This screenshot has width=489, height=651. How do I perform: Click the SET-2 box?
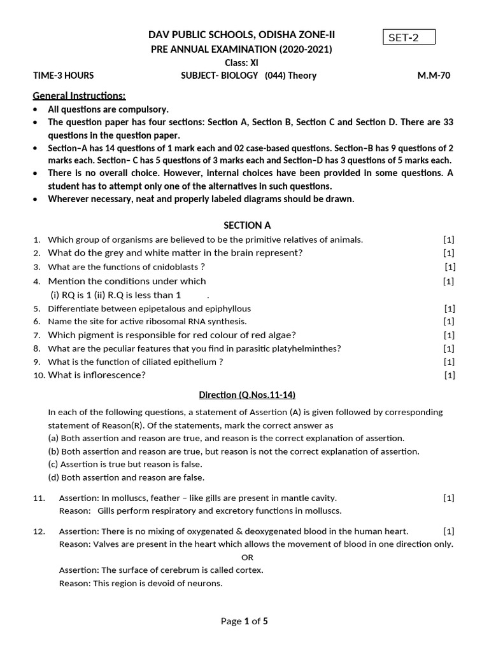409,38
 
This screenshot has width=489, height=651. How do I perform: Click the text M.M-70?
434,76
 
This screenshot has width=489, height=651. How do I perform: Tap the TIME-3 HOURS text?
63,76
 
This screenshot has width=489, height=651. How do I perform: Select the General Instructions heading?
80,96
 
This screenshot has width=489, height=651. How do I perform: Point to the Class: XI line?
241,62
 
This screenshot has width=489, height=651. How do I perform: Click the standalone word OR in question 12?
248,557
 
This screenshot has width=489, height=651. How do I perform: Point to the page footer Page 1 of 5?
244,622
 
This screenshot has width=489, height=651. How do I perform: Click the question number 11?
38,498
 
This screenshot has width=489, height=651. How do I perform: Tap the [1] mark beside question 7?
449,335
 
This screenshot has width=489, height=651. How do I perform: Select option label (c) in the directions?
53,465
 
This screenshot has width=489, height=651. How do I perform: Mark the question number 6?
37,322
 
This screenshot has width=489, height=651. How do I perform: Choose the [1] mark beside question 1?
449,240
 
